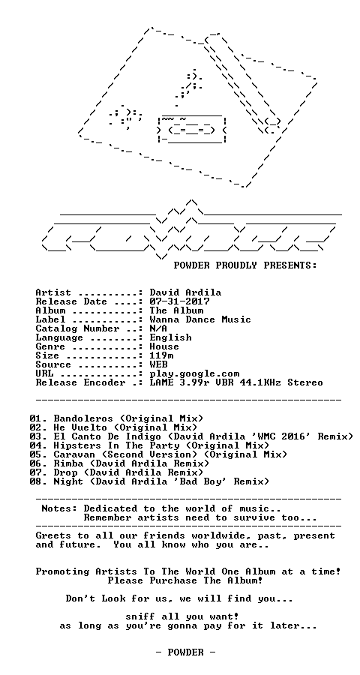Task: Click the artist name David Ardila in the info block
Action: (x=185, y=293)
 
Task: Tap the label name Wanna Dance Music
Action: (x=200, y=319)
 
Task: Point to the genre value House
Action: (x=164, y=346)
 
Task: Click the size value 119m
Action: (x=161, y=355)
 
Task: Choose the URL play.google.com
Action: (x=195, y=373)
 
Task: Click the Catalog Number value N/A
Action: (x=158, y=329)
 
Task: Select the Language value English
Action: (x=170, y=338)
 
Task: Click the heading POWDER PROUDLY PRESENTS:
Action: (x=245, y=265)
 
